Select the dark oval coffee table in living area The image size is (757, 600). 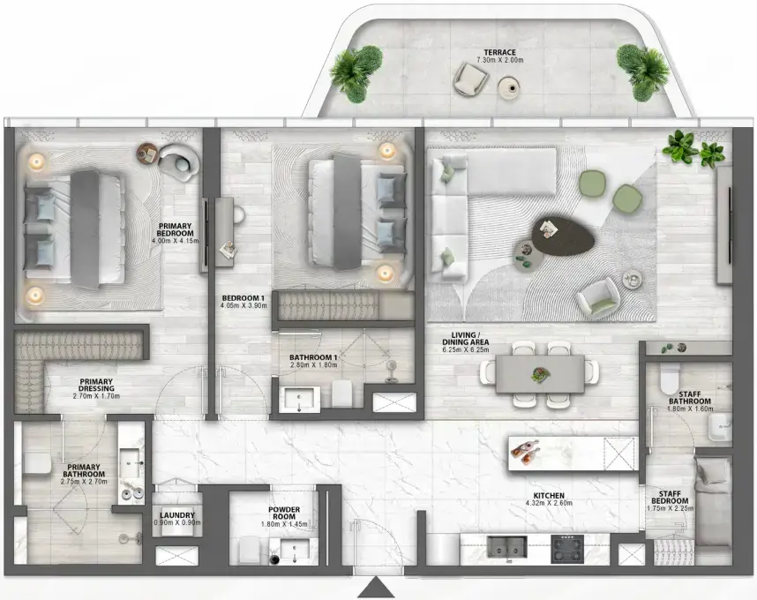click(x=565, y=236)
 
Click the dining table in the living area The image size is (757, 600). click(x=539, y=374)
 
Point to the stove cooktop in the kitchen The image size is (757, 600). click(x=567, y=549)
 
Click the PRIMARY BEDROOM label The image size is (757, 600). click(x=176, y=226)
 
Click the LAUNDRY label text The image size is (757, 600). click(x=176, y=515)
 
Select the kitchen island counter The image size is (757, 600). click(x=573, y=453)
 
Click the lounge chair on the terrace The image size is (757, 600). click(x=468, y=82)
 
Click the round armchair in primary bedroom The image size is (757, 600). click(x=179, y=161)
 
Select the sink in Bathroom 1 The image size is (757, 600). click(x=301, y=399)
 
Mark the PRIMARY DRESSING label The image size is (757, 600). click(x=95, y=387)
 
